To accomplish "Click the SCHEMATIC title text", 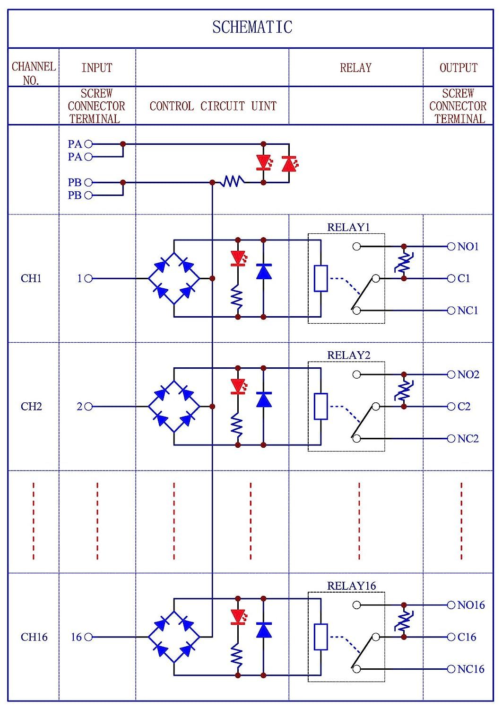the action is tap(252, 27).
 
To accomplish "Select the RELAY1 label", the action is tap(348, 227).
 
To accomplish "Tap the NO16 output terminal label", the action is tap(471, 605).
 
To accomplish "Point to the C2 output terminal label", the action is tap(464, 406).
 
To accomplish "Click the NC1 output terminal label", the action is tap(467, 311).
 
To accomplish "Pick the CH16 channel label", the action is tap(34, 637).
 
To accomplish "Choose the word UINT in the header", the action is tap(264, 106).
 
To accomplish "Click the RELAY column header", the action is tap(355, 68).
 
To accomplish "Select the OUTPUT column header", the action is tap(459, 68).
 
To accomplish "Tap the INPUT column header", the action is tap(97, 68).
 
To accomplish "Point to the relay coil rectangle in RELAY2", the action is tap(320, 406).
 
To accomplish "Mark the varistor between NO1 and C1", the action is tap(404, 263).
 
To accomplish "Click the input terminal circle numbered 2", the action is tap(88, 406).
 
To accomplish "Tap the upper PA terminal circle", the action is tap(88, 144).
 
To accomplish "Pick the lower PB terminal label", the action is tap(75, 195).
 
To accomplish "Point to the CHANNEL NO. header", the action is tap(34, 73).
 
